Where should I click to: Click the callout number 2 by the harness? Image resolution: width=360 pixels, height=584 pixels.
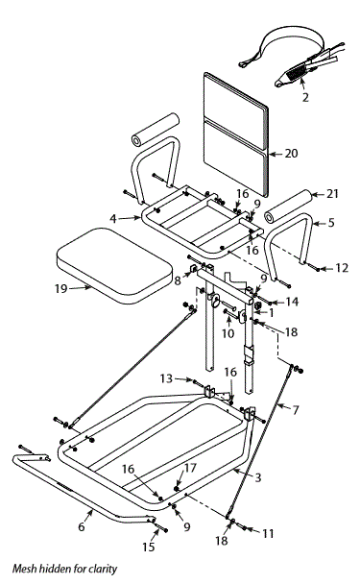[305, 96]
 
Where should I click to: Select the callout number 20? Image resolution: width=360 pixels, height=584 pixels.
[292, 153]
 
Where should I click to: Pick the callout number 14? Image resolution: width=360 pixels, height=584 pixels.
[292, 301]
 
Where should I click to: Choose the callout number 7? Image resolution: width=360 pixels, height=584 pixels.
[295, 409]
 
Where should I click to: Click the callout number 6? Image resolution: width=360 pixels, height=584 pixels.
[82, 527]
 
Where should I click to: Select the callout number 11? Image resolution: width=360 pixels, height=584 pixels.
[268, 530]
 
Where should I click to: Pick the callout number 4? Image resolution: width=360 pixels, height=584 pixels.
[113, 219]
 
